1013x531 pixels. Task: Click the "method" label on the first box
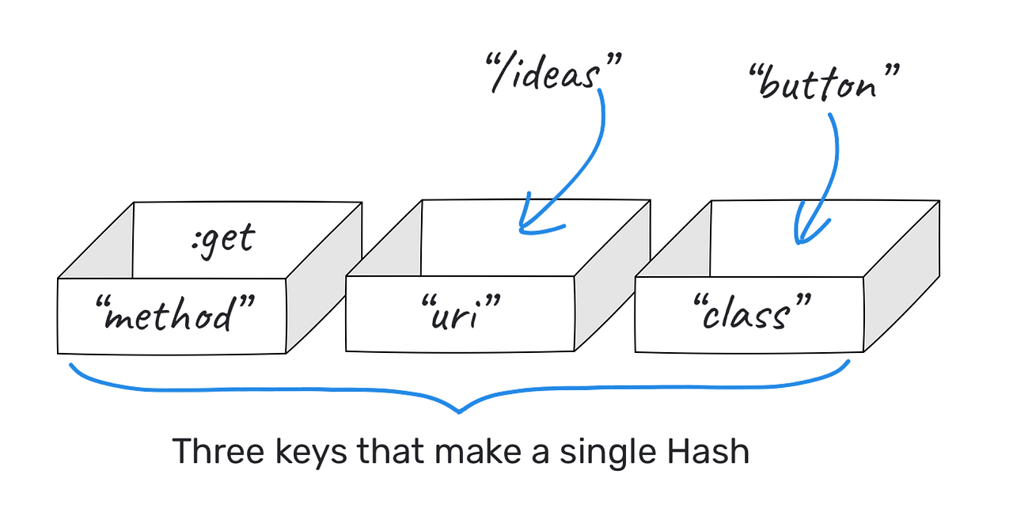[170, 315]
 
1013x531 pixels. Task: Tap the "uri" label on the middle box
[461, 315]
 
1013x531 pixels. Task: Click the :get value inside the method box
[224, 237]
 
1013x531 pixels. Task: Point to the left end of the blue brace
[72, 366]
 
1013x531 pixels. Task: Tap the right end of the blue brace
[848, 362]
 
